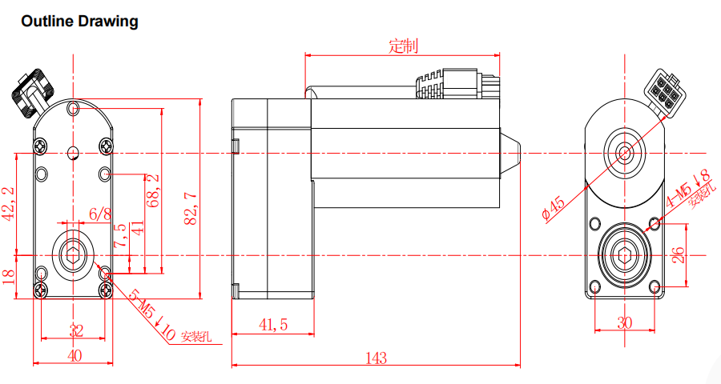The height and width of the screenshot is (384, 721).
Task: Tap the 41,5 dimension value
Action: click(272, 324)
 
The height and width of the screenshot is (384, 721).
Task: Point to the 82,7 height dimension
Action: click(191, 208)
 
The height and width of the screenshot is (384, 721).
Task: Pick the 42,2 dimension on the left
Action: click(10, 203)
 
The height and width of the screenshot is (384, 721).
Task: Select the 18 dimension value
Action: click(9, 275)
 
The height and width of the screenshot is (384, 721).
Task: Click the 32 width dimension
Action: click(75, 330)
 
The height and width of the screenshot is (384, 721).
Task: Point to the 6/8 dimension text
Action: click(100, 214)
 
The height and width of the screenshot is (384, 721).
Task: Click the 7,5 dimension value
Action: click(119, 237)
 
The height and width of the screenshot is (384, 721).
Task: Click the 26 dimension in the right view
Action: click(678, 255)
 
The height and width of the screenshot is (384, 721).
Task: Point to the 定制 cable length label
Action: click(403, 46)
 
